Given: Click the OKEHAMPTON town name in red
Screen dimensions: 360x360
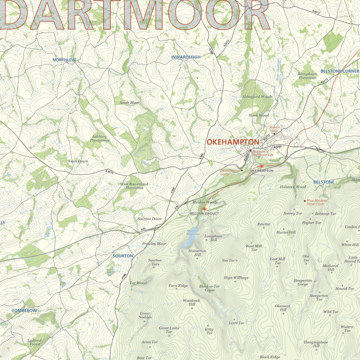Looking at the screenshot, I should (233, 142).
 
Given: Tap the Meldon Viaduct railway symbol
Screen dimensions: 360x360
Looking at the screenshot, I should (204, 209).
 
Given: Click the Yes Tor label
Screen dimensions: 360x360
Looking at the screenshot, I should (228, 261).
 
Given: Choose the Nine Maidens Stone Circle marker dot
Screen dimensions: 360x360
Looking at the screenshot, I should (305, 201).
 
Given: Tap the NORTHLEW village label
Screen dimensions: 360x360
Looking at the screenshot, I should (64, 60).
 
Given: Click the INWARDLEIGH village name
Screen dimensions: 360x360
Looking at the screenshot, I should (186, 57).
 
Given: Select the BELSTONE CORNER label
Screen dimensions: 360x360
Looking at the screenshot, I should (340, 71).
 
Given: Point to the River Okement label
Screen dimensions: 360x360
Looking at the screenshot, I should (278, 70).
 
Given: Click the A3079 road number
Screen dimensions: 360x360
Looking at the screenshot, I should (110, 172).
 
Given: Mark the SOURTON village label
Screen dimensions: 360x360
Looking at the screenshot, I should (123, 256).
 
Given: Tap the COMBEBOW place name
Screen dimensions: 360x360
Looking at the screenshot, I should (24, 311).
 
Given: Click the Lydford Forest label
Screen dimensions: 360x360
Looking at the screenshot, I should (34, 342).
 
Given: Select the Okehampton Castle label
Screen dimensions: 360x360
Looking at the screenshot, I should (230, 172).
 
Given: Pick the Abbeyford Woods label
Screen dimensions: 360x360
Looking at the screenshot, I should (257, 97).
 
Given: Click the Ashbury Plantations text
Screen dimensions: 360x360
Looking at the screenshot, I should (99, 138).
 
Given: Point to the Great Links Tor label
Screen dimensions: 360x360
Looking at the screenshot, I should (169, 330).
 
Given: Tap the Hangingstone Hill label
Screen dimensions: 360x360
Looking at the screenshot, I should (316, 344).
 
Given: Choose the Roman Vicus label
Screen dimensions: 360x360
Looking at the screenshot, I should (275, 129).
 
